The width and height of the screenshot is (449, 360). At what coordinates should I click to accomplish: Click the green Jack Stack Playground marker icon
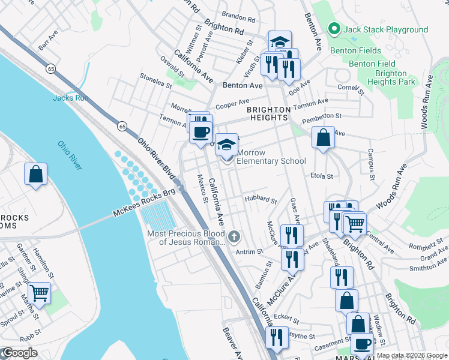[x=334, y=29]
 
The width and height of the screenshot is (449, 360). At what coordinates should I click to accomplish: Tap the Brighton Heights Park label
[x=391, y=77]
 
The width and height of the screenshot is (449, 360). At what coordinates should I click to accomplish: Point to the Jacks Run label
[x=70, y=98]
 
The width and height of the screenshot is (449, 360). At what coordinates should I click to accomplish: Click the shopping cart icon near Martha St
[x=39, y=293]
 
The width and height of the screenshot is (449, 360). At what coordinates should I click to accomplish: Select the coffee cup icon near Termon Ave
[x=201, y=131]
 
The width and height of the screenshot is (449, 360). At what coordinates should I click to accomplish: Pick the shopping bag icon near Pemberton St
[x=323, y=138]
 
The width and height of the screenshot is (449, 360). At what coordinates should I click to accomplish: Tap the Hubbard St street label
[x=261, y=200]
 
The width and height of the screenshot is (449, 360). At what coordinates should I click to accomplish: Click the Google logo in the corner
[x=20, y=353]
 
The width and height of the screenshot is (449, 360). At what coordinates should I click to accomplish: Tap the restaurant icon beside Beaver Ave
[x=277, y=337]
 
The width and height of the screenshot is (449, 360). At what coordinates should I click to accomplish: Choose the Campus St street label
[x=371, y=165]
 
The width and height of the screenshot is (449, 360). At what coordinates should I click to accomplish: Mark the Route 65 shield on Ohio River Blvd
[x=122, y=126]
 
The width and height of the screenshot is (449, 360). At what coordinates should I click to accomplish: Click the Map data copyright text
[x=411, y=355]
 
